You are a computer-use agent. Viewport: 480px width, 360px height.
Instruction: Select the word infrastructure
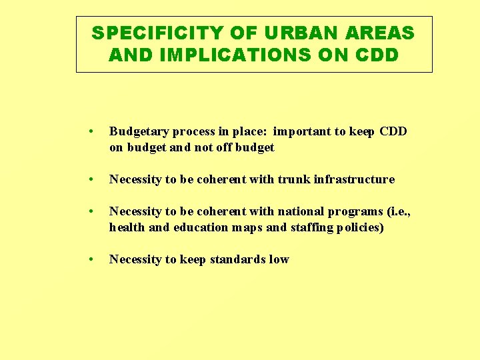(355, 179)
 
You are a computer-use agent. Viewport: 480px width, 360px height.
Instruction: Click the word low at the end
(279, 259)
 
